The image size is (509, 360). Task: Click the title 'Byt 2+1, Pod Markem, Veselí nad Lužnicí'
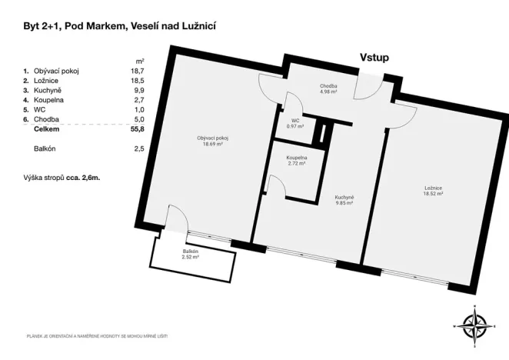(x=119, y=26)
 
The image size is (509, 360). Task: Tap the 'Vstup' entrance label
(x=374, y=57)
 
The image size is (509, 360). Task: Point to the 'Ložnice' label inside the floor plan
(x=434, y=188)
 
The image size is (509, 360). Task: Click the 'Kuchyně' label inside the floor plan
(x=344, y=198)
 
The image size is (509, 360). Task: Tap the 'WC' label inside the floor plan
(x=295, y=120)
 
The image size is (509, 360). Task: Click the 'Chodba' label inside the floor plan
(x=328, y=86)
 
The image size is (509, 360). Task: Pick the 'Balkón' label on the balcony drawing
(x=190, y=252)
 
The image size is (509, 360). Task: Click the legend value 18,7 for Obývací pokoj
(x=138, y=71)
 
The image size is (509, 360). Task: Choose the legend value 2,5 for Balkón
(x=138, y=148)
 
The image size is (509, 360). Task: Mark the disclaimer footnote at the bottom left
(x=96, y=337)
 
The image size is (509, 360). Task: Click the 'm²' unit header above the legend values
(x=140, y=60)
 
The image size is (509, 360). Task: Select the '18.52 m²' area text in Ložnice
(x=434, y=195)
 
